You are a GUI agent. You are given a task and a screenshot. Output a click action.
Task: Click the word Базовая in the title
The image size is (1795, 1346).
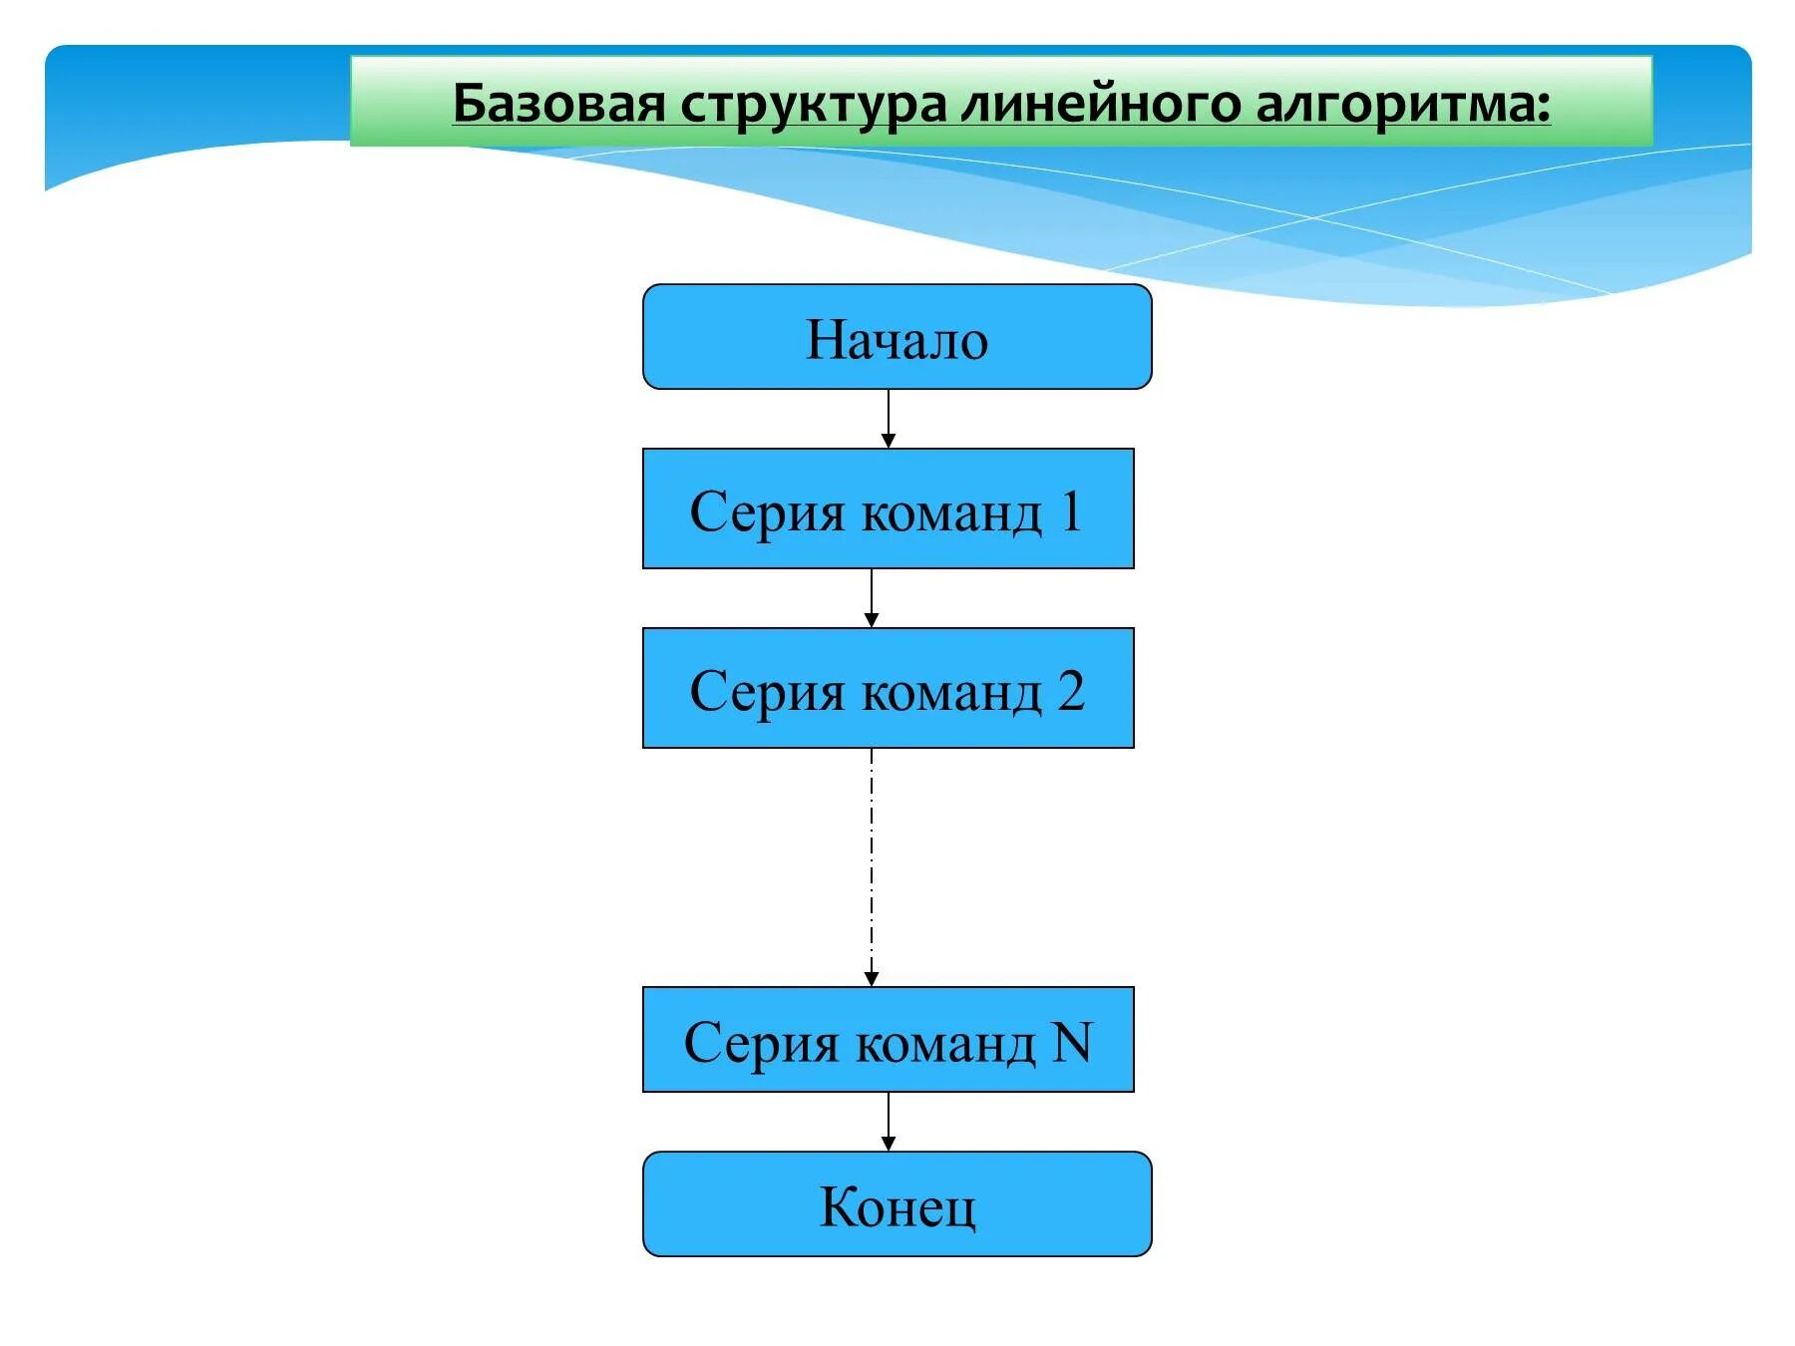(x=558, y=104)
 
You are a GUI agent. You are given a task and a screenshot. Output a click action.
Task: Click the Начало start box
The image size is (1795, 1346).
(x=897, y=337)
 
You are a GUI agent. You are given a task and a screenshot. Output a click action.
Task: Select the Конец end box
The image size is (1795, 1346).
(x=897, y=1204)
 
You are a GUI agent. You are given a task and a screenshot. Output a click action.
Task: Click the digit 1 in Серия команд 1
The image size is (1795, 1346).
(x=1071, y=510)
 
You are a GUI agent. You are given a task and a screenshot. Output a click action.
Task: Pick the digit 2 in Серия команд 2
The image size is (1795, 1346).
(x=1071, y=690)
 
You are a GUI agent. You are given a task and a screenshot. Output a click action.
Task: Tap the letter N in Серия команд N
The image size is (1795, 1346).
(x=1073, y=1042)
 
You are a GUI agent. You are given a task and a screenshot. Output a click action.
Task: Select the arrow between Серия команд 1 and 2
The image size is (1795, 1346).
(x=872, y=596)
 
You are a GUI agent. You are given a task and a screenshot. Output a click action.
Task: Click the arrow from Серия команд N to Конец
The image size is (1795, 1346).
(x=889, y=1120)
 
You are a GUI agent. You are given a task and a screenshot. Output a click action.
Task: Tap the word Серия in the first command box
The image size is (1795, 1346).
(x=766, y=512)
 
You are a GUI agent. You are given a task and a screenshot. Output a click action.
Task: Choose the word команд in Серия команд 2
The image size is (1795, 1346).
(x=951, y=691)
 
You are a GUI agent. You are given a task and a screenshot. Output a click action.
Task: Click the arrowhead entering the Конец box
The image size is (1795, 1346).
(x=889, y=1144)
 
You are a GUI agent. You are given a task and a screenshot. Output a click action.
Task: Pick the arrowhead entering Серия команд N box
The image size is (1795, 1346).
(x=872, y=979)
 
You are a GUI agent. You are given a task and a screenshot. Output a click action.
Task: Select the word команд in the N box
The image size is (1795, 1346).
(x=945, y=1043)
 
